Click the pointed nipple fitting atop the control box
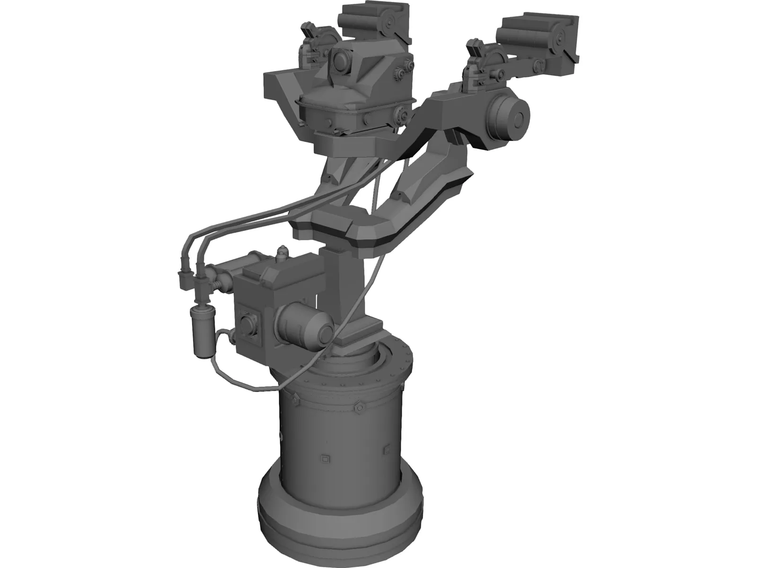click(x=282, y=252)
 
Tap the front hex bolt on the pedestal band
click(x=357, y=393)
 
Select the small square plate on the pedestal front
click(x=325, y=458)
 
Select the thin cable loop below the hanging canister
click(x=237, y=379)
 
